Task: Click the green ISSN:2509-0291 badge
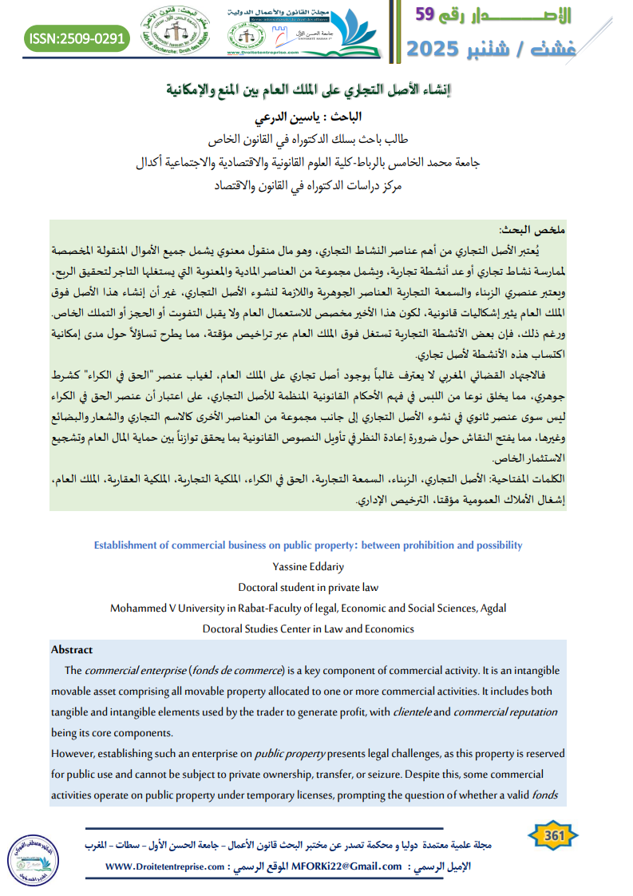tap(77, 37)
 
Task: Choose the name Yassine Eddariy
tap(308, 566)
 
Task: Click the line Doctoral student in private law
tap(308, 587)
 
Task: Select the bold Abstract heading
tap(72, 649)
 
